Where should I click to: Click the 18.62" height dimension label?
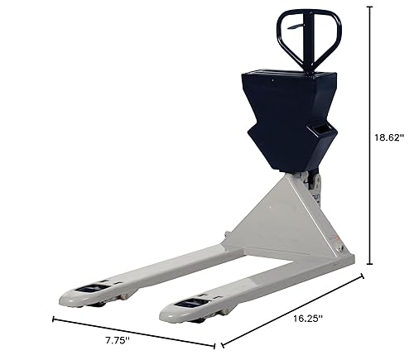click(389, 137)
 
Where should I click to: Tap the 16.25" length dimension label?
click(307, 319)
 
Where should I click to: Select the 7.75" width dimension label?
click(118, 340)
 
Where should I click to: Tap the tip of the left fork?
click(61, 300)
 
